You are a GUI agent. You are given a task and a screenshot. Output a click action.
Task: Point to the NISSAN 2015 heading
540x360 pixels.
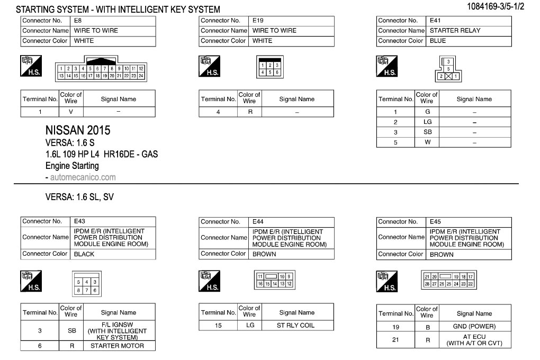click(x=78, y=130)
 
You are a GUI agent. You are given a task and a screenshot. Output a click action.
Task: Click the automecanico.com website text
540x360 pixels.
click(x=83, y=177)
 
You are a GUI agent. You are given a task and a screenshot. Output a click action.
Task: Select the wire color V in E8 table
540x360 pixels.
click(x=71, y=112)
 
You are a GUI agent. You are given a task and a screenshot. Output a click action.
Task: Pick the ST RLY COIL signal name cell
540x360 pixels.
click(x=296, y=325)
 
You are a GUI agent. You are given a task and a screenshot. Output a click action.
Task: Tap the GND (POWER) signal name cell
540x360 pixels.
click(x=474, y=327)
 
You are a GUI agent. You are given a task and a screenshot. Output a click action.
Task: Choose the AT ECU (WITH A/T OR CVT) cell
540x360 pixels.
click(x=474, y=340)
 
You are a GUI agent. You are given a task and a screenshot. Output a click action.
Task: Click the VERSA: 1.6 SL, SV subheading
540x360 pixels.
click(x=79, y=197)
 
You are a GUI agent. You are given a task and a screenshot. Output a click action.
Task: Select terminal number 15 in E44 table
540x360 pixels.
click(x=218, y=325)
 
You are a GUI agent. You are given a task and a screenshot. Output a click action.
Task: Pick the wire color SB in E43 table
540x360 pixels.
click(x=71, y=331)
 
